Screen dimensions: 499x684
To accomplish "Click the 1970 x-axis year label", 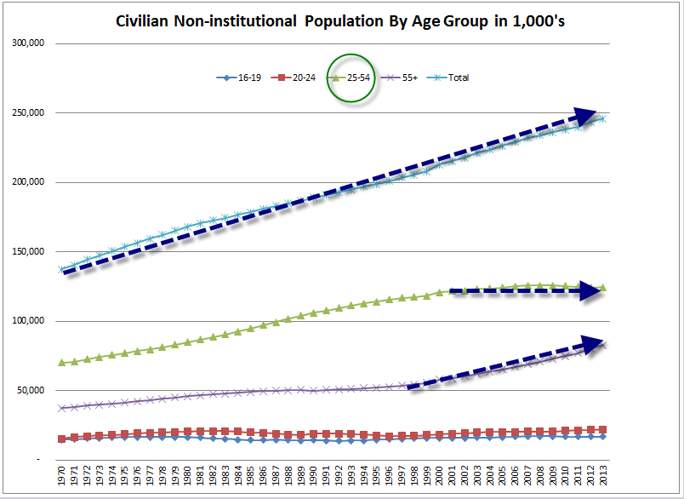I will (61, 479).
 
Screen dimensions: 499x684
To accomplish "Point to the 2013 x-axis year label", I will (604, 479).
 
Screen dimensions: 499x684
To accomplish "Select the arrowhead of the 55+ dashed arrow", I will (594, 344).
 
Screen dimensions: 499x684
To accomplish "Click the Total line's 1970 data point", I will (61, 269).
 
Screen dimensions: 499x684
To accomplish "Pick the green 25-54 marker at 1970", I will (61, 362).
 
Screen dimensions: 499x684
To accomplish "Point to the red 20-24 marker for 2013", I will (603, 430).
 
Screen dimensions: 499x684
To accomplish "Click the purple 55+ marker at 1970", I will (61, 408).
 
